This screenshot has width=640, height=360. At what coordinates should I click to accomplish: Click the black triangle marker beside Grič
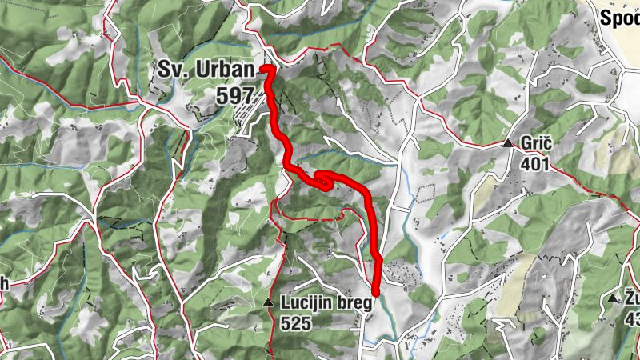(x=507, y=144)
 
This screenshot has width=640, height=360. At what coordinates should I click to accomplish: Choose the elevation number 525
(x=296, y=322)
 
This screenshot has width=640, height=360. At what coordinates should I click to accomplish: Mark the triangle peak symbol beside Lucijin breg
(x=268, y=303)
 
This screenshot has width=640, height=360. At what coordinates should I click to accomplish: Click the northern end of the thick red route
(x=265, y=70)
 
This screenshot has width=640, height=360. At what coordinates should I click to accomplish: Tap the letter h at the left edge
(x=4, y=283)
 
